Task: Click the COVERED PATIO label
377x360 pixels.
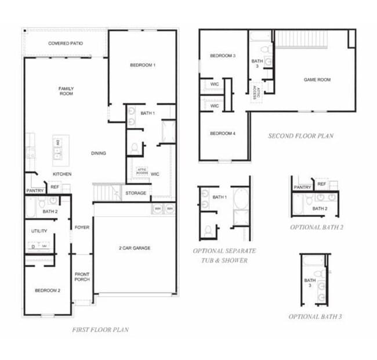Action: (64, 43)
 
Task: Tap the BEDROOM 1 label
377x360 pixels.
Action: (143, 66)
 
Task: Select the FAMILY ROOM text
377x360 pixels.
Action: (66, 91)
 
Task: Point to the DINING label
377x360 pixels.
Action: (98, 153)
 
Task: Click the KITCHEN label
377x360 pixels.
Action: (62, 174)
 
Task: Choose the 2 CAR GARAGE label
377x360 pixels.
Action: (134, 248)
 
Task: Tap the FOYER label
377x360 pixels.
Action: (82, 227)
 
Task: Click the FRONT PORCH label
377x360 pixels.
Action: (82, 276)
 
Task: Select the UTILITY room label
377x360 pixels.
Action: (39, 231)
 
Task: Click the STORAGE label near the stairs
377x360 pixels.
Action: (136, 193)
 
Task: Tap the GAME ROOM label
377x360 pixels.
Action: (317, 80)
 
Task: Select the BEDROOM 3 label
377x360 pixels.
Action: (222, 56)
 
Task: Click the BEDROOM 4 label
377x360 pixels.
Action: (222, 134)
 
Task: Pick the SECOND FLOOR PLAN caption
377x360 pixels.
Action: (300, 136)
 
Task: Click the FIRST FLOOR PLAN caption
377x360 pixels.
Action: (100, 330)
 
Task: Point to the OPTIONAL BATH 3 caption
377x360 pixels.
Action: (315, 317)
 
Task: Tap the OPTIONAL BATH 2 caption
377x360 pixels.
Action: (317, 227)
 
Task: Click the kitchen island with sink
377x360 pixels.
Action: (61, 148)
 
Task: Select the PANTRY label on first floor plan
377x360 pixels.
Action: (35, 190)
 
